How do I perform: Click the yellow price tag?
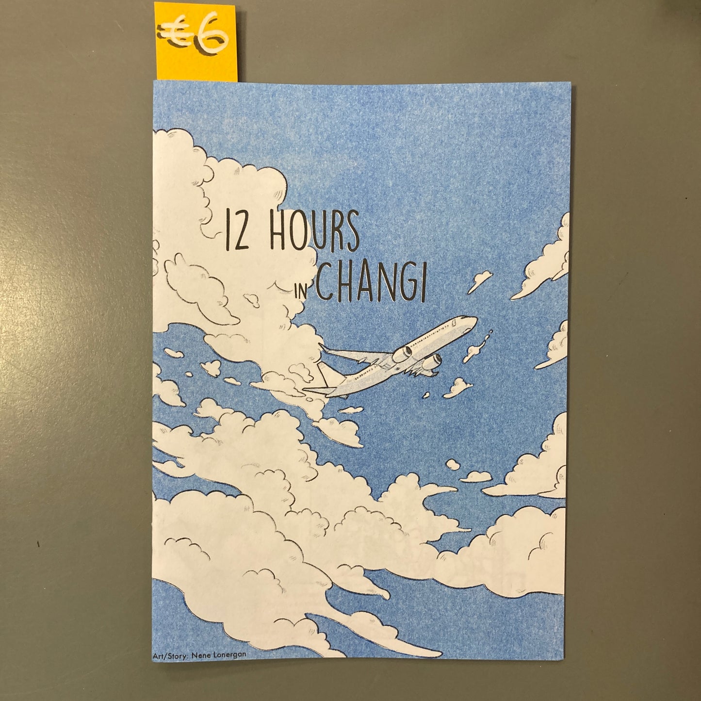(196, 41)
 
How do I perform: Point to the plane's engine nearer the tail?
(404, 354)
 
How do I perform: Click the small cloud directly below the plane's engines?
(457, 387)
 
